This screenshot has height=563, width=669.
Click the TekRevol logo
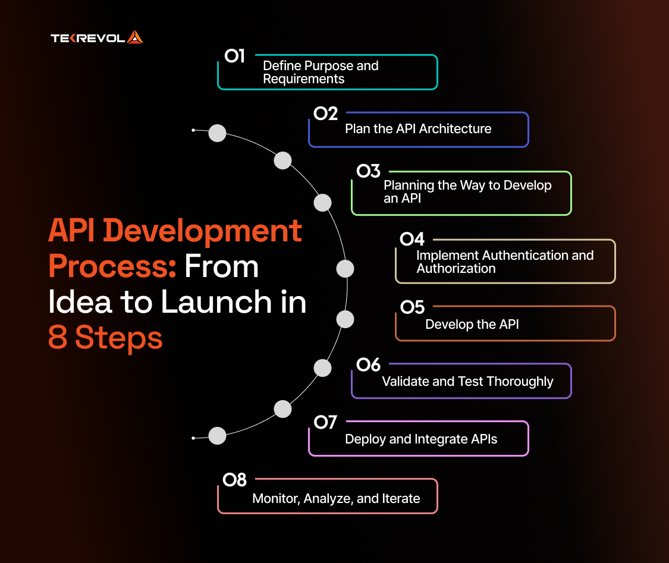(97, 37)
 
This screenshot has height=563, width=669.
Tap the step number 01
(235, 56)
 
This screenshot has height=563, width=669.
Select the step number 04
(412, 239)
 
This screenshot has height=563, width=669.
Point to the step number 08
(235, 480)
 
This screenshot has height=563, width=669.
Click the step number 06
(369, 364)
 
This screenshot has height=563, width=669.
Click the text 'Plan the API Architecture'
(418, 129)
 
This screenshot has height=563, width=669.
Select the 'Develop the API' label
(472, 324)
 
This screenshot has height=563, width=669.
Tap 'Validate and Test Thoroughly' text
(467, 382)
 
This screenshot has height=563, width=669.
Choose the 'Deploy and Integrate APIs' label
(421, 439)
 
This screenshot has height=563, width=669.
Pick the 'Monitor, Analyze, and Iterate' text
(336, 499)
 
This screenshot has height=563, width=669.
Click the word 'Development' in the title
(203, 231)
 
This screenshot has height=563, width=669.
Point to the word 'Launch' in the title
(216, 302)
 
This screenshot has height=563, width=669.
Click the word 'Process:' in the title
(112, 266)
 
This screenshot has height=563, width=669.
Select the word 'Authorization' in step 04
(456, 269)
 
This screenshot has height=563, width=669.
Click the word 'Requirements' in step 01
(304, 79)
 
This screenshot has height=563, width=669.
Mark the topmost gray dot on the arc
(217, 133)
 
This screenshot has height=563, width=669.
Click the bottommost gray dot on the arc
(217, 435)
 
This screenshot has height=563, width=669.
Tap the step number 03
(369, 171)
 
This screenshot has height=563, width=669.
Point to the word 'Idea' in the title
(80, 302)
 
